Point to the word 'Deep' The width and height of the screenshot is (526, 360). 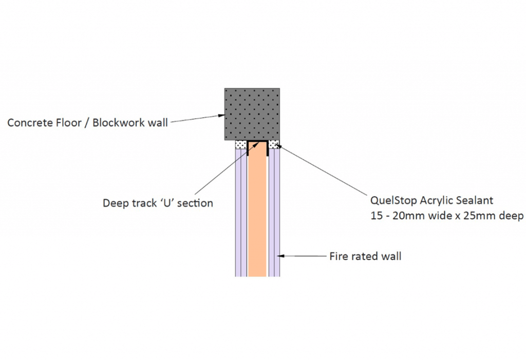click(x=115, y=203)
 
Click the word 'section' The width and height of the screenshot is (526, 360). click(x=195, y=203)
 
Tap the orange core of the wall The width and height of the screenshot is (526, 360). click(x=257, y=216)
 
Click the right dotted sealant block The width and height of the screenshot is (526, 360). click(x=274, y=144)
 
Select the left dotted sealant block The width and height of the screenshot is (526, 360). click(x=240, y=144)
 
